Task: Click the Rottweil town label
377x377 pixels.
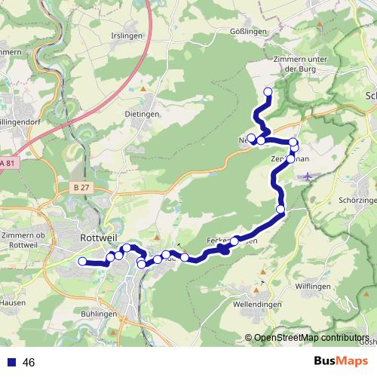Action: (x=96, y=237)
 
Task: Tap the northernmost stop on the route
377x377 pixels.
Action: (x=267, y=92)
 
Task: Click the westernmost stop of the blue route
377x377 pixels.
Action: (x=82, y=262)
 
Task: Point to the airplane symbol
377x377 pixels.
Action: (x=308, y=176)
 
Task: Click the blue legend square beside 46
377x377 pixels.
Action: (x=11, y=363)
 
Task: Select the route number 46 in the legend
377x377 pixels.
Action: (x=29, y=363)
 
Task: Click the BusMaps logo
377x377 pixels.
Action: (x=339, y=362)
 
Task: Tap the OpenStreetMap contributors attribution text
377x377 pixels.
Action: (x=311, y=339)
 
